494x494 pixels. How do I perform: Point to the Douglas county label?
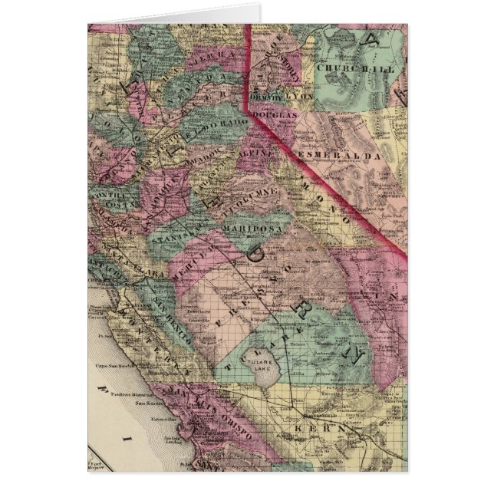coord(275,114)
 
